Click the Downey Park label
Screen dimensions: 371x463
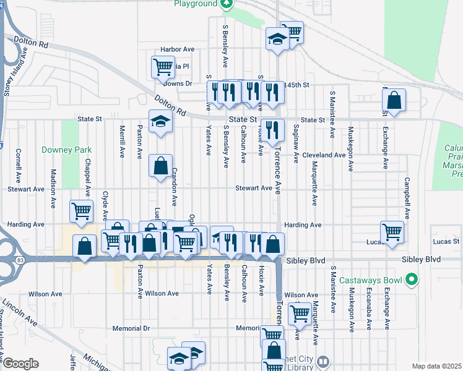tap(66, 150)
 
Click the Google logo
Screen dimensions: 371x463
tap(20, 364)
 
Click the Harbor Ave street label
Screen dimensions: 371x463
tap(178, 49)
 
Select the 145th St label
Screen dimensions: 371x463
tap(296, 84)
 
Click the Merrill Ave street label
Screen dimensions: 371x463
tap(123, 141)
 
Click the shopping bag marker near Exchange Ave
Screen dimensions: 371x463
tap(394, 99)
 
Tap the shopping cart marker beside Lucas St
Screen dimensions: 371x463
tap(392, 232)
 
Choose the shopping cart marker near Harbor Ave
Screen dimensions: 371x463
tap(163, 66)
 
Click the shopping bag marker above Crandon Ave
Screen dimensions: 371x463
tap(160, 166)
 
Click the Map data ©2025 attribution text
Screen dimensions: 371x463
tap(436, 366)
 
